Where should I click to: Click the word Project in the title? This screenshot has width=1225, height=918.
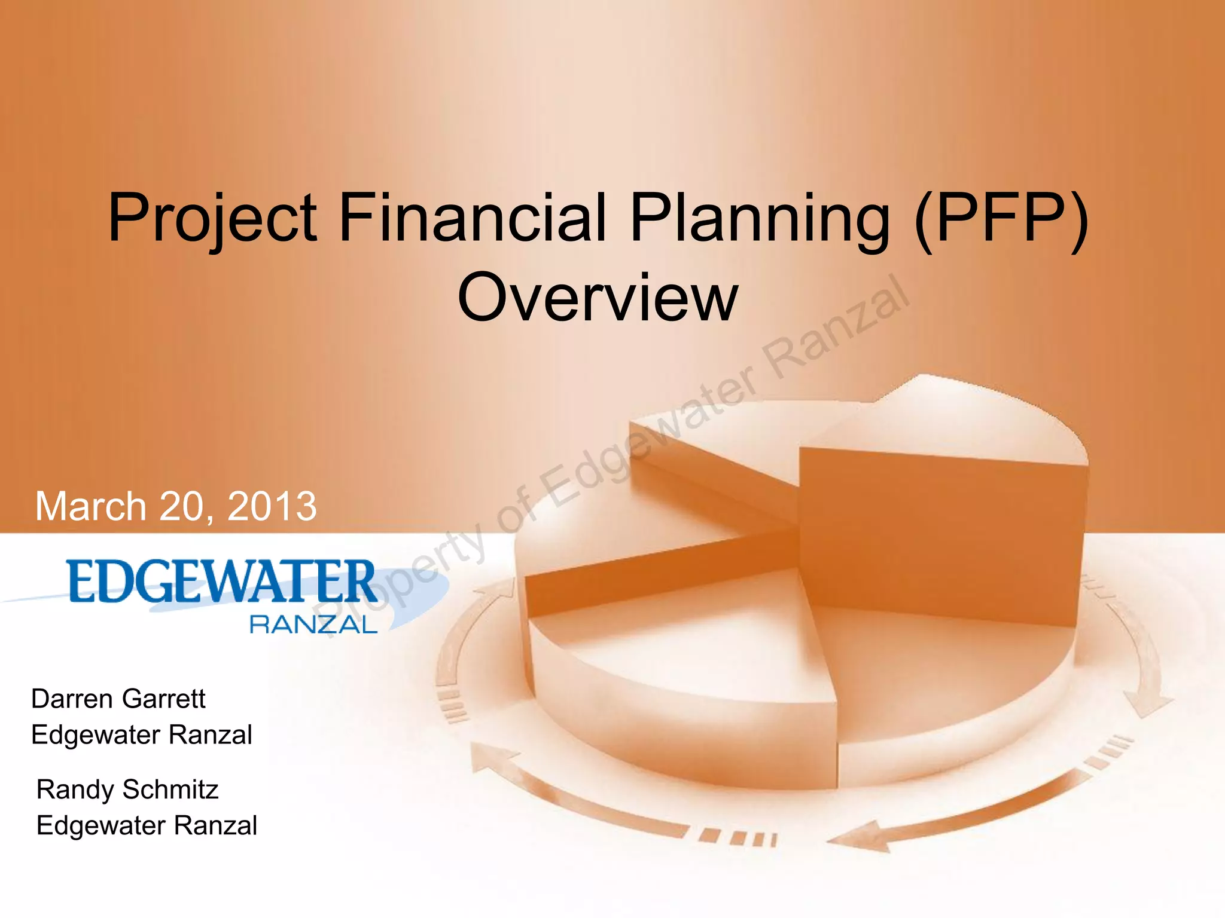(212, 218)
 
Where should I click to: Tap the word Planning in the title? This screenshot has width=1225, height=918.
(760, 218)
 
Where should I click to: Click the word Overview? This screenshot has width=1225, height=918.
(598, 298)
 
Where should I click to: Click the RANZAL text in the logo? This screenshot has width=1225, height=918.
(313, 625)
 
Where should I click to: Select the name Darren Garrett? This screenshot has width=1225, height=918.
(118, 699)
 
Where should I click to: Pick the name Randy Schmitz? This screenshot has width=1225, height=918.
(127, 790)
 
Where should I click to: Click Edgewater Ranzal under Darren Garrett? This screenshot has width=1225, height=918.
(142, 735)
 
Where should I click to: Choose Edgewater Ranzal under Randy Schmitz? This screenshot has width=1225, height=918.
(147, 825)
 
